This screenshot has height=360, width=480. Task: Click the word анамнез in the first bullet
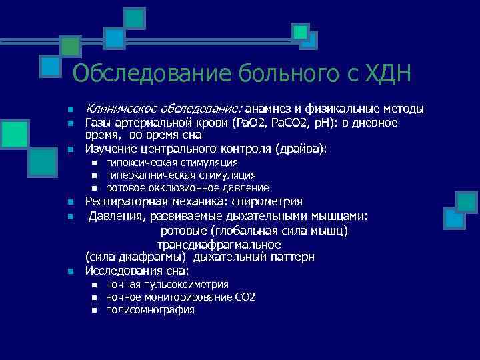tap(272, 109)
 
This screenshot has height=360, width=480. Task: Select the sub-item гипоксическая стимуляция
tap(171, 163)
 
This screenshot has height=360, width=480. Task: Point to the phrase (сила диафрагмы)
tap(137, 257)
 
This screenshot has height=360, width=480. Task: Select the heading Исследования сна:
tap(137, 271)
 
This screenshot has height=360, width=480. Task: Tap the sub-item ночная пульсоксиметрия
tap(167, 284)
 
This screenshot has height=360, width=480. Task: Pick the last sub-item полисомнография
tap(150, 309)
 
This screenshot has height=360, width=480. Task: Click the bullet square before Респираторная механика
tap(69, 202)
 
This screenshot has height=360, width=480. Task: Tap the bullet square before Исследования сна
tap(69, 271)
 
